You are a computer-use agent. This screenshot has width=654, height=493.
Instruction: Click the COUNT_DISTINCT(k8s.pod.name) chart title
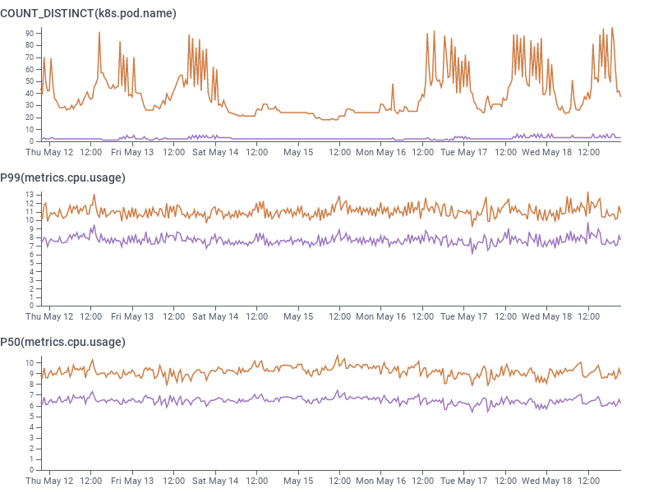pos(88,13)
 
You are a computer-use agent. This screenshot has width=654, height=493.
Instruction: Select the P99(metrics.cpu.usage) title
pos(62,177)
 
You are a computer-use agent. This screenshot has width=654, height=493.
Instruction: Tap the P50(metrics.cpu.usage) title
pos(62,342)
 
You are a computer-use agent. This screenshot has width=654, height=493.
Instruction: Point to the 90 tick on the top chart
pos(29,33)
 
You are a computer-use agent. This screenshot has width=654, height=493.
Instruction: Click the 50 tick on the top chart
pos(29,81)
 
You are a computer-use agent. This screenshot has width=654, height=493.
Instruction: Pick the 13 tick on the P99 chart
pos(29,195)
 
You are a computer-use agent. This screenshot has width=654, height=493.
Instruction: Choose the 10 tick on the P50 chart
pos(29,362)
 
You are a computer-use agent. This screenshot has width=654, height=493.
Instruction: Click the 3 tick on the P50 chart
pos(30,438)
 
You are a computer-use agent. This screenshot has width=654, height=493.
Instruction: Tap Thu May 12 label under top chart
pos(49,152)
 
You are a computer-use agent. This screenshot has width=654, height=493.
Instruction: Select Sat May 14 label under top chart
pos(215,152)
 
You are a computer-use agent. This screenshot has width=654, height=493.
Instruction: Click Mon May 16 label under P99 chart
pos(381,316)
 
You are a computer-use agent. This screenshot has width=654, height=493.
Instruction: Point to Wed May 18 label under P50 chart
pos(546,481)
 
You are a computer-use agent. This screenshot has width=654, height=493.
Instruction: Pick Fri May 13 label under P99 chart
pos(132,316)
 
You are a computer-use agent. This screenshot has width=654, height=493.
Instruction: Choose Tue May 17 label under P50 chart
pos(464,481)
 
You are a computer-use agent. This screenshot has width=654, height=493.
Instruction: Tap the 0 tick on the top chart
pos(30,141)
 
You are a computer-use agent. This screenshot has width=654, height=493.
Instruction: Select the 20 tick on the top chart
pos(29,117)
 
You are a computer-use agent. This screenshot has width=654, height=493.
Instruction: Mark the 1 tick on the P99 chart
pos(30,297)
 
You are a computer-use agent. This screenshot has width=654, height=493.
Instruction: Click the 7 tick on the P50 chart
pos(30,394)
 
